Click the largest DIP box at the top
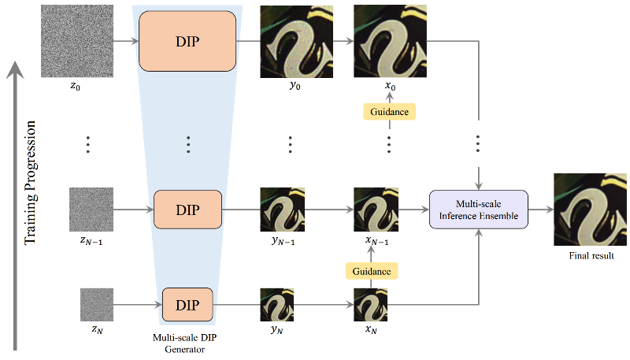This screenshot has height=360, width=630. pyautogui.click(x=187, y=41)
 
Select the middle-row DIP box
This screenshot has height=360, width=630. pyautogui.click(x=187, y=210)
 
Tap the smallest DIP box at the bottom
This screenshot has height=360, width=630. pyautogui.click(x=187, y=303)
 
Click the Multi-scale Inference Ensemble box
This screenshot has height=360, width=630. pyautogui.click(x=478, y=210)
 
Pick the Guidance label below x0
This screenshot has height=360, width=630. pyautogui.click(x=389, y=112)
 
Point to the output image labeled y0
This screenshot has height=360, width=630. pyautogui.click(x=292, y=41)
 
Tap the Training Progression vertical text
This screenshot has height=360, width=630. pyautogui.click(x=31, y=182)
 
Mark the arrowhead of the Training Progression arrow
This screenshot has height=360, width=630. pyautogui.click(x=15, y=71)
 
